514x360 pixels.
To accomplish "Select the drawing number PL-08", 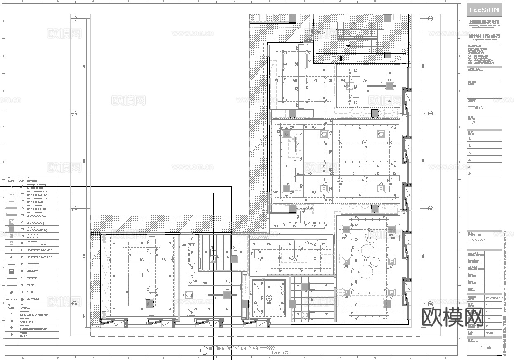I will click(486, 348).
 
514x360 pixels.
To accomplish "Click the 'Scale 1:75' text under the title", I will click(280, 353).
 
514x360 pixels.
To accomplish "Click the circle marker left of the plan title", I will click(204, 351).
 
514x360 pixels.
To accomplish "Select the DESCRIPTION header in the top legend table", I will click(32, 181).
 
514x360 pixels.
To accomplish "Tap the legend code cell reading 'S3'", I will click(21, 264).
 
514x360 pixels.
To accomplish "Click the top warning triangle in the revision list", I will click(469, 139).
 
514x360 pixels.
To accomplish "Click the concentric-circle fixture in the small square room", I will click(269, 297).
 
